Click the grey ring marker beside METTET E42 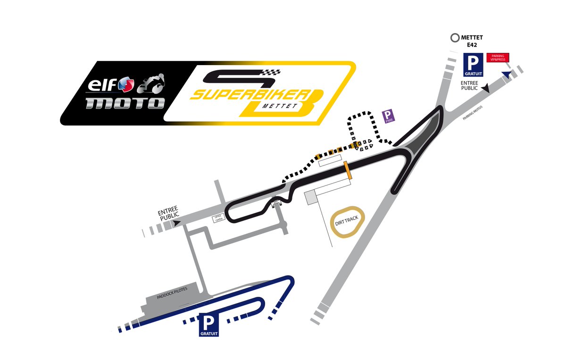point(455,37)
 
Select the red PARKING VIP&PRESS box point(498,58)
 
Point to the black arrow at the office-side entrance point(177,224)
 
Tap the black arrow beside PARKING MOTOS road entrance point(486,88)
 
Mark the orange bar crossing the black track point(348,170)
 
